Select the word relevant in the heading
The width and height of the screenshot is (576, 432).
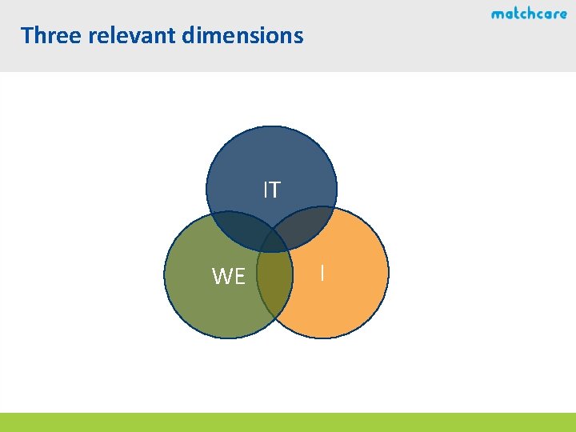click(130, 36)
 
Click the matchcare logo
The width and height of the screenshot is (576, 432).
click(529, 14)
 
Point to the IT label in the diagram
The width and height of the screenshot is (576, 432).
click(272, 190)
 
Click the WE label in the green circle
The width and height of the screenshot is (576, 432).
click(228, 277)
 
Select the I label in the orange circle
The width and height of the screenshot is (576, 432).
click(322, 273)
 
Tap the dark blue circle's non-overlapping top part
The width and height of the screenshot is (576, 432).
click(271, 160)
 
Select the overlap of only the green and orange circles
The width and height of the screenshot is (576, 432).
click(274, 292)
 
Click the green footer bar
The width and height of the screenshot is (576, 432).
click(288, 422)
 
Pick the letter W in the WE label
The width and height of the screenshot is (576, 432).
click(222, 277)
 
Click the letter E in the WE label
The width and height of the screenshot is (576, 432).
click(239, 277)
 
